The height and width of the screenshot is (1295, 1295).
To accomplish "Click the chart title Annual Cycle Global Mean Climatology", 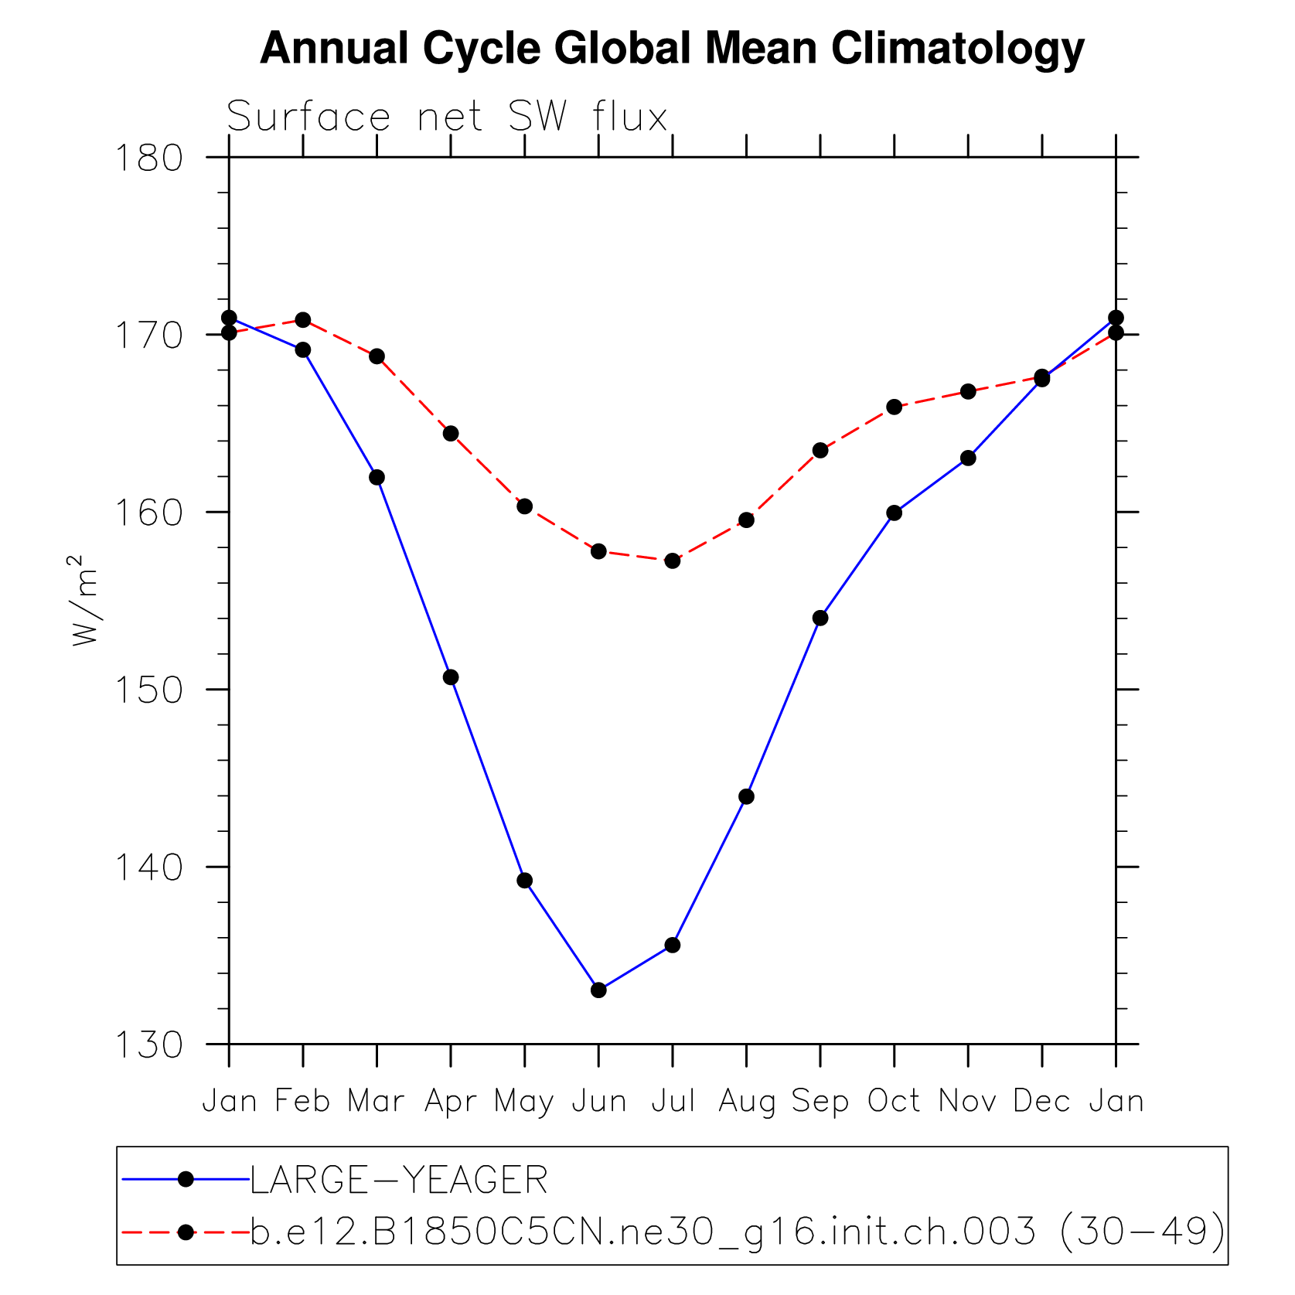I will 672,49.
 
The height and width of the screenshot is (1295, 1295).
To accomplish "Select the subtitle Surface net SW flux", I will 447,118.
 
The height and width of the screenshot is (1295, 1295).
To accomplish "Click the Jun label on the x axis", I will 598,1101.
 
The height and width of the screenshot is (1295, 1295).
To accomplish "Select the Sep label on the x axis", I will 820,1101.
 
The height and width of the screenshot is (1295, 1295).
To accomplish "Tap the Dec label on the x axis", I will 1041,1101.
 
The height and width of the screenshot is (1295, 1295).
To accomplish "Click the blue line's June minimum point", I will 598,990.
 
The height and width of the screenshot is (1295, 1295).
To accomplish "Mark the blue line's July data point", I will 673,945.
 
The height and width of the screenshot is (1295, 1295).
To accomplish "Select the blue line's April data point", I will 451,677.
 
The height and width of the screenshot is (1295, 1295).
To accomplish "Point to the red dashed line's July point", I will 673,561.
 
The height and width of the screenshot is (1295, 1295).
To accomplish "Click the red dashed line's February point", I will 303,320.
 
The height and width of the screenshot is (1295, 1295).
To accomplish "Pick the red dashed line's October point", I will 894,407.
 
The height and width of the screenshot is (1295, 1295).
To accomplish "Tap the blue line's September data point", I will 820,618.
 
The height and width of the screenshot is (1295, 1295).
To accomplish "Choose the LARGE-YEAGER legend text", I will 399,1181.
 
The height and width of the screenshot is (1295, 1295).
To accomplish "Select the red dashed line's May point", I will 525,506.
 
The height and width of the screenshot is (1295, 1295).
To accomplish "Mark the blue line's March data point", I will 377,477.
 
